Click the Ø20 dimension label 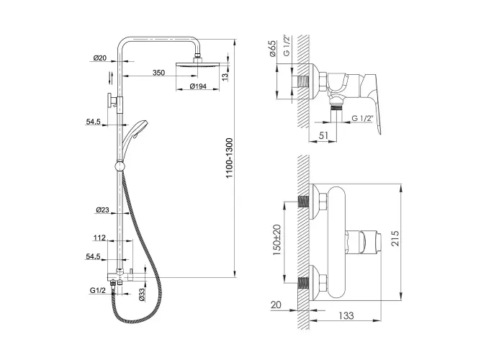pyautogui.click(x=99, y=58)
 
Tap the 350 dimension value pyautogui.click(x=158, y=73)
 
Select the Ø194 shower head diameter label pyautogui.click(x=198, y=86)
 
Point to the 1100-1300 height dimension pyautogui.click(x=229, y=158)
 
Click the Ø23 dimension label pyautogui.click(x=102, y=210)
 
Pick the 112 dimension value pyautogui.click(x=99, y=238)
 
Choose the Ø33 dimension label pyautogui.click(x=143, y=294)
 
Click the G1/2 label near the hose pyautogui.click(x=98, y=291)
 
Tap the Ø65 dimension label pyautogui.click(x=273, y=48)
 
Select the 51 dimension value pyautogui.click(x=323, y=135)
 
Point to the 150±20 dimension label pyautogui.click(x=276, y=240)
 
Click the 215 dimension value pyautogui.click(x=395, y=238)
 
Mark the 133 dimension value pyautogui.click(x=346, y=315)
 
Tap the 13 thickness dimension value pyautogui.click(x=225, y=76)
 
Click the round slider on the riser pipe pyautogui.click(x=120, y=166)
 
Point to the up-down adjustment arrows pyautogui.click(x=111, y=78)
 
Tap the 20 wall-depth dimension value pyautogui.click(x=276, y=305)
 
